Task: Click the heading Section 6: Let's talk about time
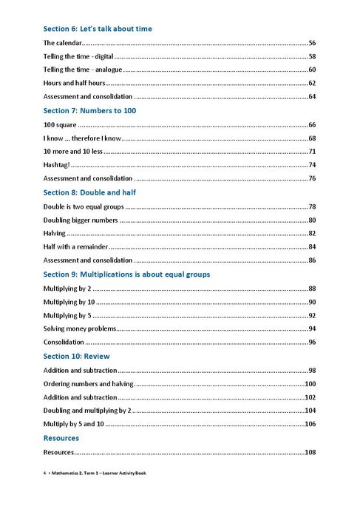tap(98, 29)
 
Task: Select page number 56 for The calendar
tap(312, 43)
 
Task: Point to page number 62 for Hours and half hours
tap(312, 83)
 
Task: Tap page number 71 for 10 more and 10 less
tap(312, 151)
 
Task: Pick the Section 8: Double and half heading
tap(89, 192)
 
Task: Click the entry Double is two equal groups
tap(83, 206)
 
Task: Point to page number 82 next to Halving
tap(312, 233)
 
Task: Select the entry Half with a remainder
tap(75, 246)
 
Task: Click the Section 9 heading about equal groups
tap(126, 274)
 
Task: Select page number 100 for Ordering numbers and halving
tap(310, 383)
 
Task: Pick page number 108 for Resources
tap(310, 451)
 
